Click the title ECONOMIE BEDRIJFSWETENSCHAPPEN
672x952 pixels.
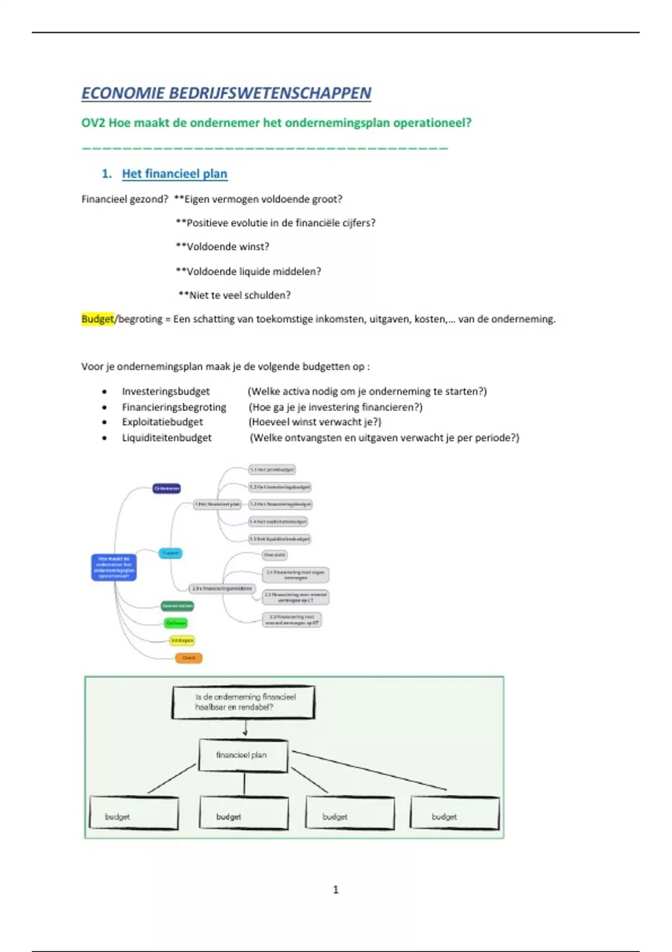coord(226,93)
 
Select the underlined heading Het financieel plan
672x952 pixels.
coord(174,174)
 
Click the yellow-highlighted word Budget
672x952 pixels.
coord(97,319)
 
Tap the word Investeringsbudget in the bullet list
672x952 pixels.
coord(166,391)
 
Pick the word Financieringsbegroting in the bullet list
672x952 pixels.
coord(174,407)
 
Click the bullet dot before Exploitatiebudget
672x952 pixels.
coord(105,423)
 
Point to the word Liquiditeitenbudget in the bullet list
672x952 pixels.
coord(167,438)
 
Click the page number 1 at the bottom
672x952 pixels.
coord(335,889)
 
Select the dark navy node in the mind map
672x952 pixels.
coord(167,488)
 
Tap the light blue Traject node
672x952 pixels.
coord(170,553)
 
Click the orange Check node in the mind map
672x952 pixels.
coord(189,658)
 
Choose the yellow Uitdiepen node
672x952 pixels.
coord(182,640)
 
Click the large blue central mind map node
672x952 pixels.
coord(114,567)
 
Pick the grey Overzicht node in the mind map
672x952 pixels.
coord(274,555)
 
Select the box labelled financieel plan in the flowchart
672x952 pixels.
coord(243,755)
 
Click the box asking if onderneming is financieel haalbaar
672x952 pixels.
coord(243,702)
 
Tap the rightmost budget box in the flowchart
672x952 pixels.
coord(454,814)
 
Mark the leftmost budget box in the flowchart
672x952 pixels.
coord(134,814)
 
